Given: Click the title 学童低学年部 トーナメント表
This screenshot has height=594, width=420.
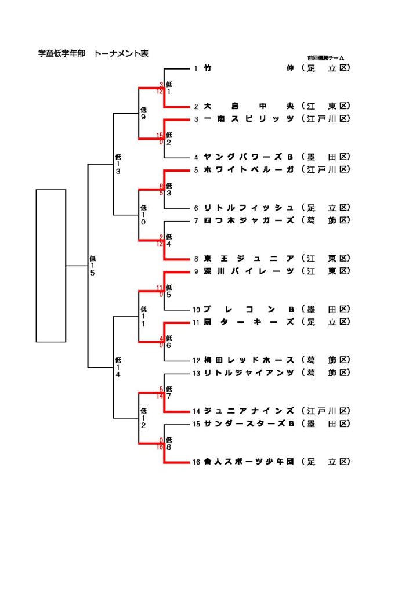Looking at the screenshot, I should [93, 53].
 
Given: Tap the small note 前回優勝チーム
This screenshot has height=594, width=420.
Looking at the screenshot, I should [325, 58].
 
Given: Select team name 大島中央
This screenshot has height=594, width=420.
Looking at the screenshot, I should [249, 106].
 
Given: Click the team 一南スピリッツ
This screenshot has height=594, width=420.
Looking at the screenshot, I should [249, 119].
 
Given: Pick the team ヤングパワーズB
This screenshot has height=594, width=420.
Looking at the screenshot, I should [249, 157].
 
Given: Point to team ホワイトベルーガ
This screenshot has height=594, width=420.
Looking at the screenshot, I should [249, 169].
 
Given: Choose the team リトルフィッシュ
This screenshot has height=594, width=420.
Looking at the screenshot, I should [249, 208].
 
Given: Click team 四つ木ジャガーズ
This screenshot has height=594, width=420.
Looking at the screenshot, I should [249, 220].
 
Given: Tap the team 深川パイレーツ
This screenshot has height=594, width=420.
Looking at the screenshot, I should [249, 271].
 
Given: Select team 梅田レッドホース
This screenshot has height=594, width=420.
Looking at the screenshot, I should [249, 360].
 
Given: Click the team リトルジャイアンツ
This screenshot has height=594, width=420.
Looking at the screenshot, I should [249, 372].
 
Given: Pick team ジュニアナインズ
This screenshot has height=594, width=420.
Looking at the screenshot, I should [249, 411].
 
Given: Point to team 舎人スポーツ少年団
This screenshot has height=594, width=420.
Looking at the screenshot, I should [249, 462].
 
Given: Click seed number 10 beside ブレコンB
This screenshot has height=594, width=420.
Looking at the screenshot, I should [197, 310].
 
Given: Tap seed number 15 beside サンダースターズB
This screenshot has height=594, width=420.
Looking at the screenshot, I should [197, 424].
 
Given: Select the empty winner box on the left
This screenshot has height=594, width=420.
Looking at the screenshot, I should [51, 265].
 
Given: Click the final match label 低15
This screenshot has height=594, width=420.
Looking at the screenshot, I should [93, 265].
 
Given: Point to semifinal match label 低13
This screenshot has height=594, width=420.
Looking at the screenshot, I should [118, 164].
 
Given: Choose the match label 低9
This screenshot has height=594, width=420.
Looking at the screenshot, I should [143, 113].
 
